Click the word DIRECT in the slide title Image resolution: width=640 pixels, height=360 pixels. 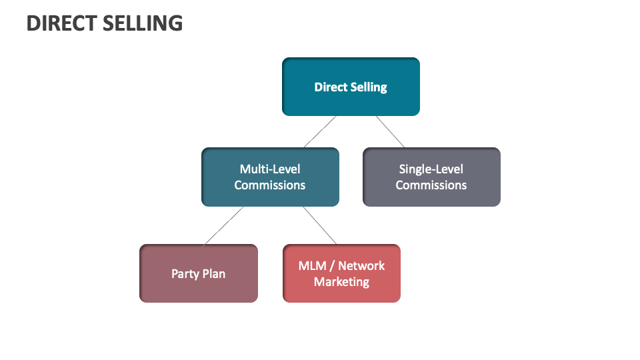coord(61,23)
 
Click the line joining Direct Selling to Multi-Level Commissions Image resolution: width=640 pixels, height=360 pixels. coord(320,131)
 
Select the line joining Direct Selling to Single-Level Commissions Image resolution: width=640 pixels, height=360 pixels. coord(390,131)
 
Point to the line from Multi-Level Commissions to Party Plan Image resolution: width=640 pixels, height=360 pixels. coord(223,225)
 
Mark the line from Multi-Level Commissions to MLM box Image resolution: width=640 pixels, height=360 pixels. coord(320,225)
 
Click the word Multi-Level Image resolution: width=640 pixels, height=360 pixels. coord(270,169)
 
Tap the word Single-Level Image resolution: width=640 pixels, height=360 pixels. coord(431,169)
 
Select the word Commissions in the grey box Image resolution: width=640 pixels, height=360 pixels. coord(431,185)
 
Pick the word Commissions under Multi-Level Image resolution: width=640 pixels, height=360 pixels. coord(270,185)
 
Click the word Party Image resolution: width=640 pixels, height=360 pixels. coord(185,274)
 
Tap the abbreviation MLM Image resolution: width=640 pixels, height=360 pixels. coord(312,265)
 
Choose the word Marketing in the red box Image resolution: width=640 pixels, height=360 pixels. coord(341,282)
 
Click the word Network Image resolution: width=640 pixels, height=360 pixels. coord(361,265)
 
